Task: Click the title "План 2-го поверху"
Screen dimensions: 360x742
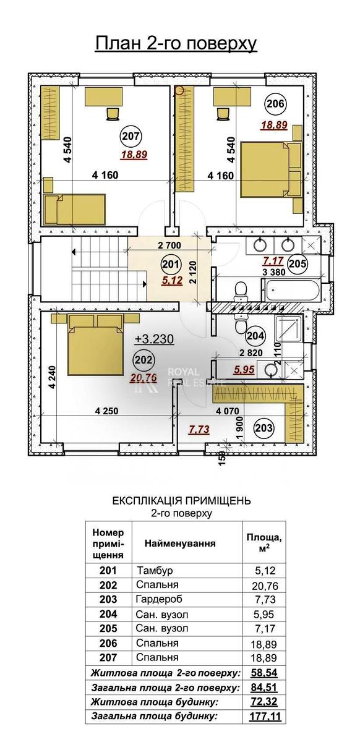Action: (176, 43)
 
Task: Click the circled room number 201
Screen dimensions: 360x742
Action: (171, 265)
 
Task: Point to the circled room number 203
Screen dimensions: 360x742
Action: (264, 429)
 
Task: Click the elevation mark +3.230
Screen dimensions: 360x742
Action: (155, 339)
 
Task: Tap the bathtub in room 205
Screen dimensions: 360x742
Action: (291, 290)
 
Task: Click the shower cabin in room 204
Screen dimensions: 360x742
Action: (289, 329)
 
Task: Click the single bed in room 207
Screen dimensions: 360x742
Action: (75, 210)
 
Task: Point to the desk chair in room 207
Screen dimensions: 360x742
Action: (113, 114)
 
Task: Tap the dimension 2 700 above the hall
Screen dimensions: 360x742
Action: (169, 245)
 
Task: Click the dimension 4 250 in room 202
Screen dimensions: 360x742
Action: (106, 411)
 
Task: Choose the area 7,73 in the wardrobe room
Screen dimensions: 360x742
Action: (199, 430)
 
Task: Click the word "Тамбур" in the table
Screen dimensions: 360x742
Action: (155, 571)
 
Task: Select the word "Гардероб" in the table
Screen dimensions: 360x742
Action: (159, 599)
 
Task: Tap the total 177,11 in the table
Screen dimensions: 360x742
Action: (266, 715)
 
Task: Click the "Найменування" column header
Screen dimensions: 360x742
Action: (180, 544)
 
